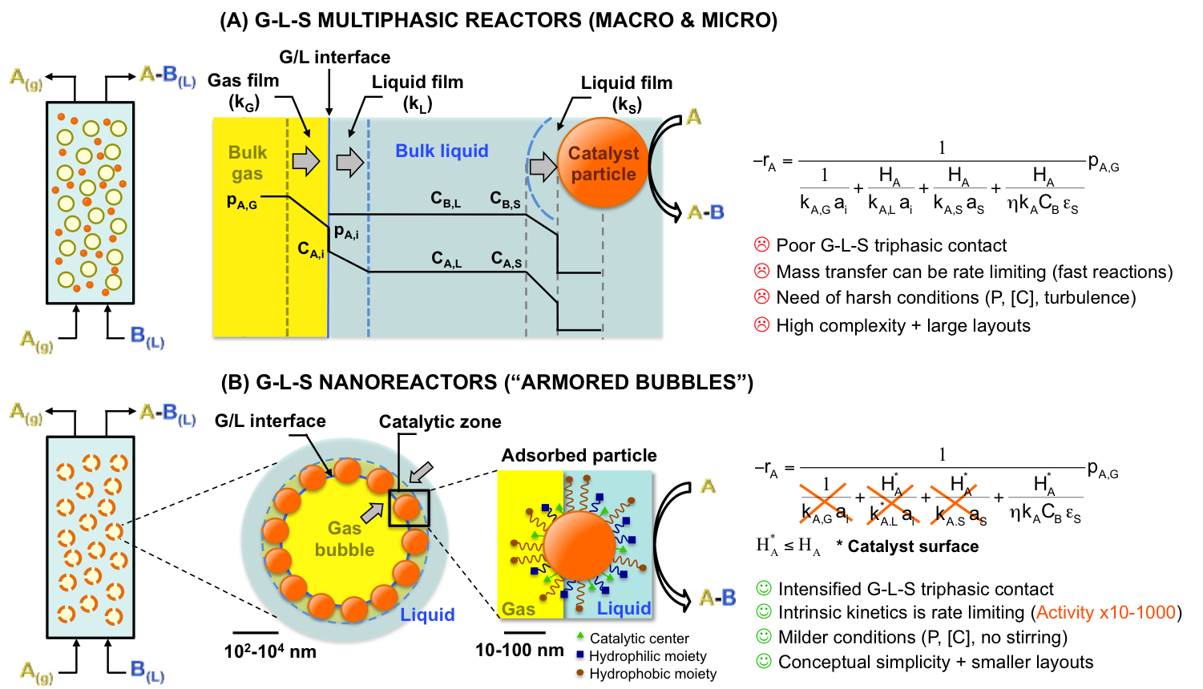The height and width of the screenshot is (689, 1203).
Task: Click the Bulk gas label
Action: [248, 163]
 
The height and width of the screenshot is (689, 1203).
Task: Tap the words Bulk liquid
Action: [442, 151]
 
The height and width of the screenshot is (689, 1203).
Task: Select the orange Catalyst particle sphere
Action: [603, 163]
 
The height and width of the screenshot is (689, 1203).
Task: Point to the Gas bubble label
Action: [345, 538]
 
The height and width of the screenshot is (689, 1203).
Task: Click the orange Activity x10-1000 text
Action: [1105, 612]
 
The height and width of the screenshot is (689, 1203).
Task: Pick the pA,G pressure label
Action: [242, 202]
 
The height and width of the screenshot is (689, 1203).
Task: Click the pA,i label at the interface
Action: [346, 232]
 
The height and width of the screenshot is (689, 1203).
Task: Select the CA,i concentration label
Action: [311, 250]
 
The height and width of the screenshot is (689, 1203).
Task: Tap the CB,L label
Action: [446, 199]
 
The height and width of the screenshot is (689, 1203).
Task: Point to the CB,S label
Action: [505, 199]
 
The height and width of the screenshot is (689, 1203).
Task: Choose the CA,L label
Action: [446, 259]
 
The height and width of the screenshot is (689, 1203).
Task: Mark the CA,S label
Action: [507, 259]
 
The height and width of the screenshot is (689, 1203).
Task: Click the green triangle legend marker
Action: [580, 635]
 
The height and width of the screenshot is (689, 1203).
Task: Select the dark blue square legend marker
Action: [580, 654]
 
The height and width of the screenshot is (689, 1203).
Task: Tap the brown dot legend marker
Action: [580, 672]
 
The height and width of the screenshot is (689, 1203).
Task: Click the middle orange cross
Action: [890, 504]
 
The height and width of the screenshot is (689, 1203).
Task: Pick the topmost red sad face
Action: [762, 244]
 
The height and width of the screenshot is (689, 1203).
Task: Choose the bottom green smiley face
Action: [764, 661]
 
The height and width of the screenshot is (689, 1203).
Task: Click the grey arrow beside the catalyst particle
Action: [543, 167]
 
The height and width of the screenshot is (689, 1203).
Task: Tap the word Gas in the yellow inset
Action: [519, 609]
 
